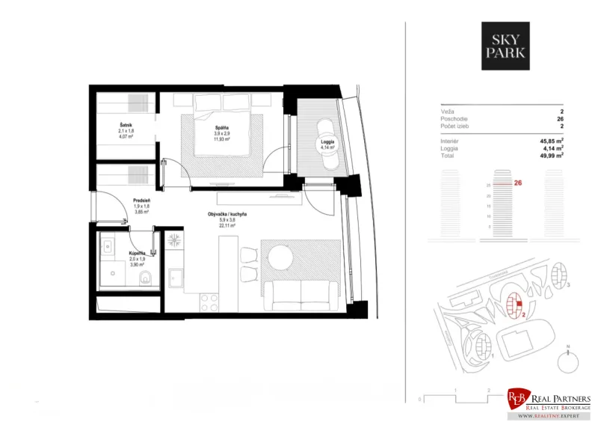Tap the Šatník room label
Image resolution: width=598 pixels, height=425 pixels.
coord(126,124)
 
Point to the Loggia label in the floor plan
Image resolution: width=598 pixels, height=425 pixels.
coord(327,141)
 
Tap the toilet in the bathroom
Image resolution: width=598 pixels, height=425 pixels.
coord(147,280)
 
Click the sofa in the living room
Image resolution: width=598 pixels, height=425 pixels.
coord(301,293)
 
